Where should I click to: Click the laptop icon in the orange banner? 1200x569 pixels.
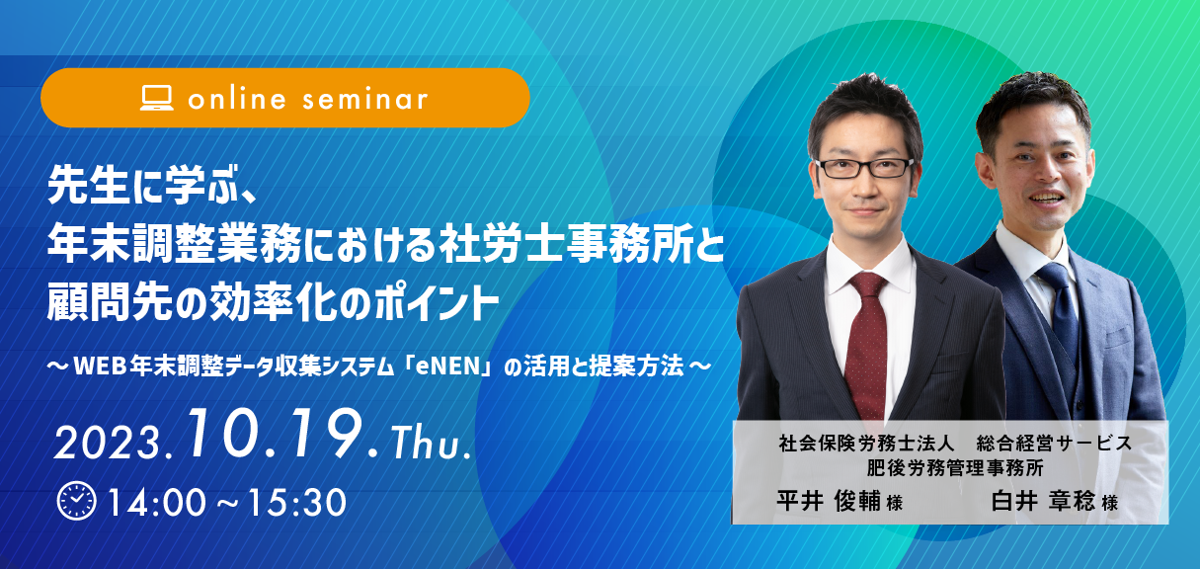tap(156, 98)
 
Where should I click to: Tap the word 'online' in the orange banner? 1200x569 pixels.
tap(237, 99)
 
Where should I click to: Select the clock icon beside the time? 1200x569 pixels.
tap(77, 502)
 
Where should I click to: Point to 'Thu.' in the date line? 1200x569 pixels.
tap(432, 444)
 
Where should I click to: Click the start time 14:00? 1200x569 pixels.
tap(157, 503)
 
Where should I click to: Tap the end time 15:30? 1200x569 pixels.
tap(297, 503)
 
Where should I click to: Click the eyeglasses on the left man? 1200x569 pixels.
tap(863, 168)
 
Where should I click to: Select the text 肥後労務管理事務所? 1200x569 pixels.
tap(955, 467)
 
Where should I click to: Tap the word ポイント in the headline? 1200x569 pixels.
tap(436, 303)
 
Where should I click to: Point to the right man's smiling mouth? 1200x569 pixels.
tap(1045, 199)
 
